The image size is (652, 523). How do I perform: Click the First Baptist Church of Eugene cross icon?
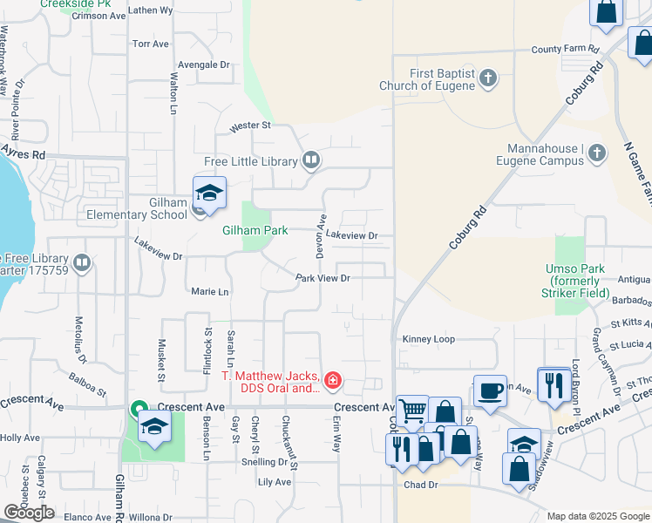point(488,79)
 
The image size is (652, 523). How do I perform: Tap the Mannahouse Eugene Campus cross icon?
point(596,154)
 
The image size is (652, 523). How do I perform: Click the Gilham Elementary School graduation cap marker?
point(209,193)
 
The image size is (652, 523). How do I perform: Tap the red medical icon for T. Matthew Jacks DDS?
point(332,381)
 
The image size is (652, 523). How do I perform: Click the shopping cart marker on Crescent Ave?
point(411,410)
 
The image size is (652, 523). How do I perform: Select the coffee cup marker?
point(490,390)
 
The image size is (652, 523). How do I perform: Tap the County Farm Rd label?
point(566,50)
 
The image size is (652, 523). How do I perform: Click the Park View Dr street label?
point(323,278)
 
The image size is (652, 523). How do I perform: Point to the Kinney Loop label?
point(429,339)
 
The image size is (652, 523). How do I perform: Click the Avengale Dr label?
point(203,65)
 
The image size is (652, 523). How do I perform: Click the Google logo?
point(29,513)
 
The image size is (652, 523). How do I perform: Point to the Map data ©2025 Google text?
point(598,516)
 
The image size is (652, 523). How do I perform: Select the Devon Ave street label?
point(321,235)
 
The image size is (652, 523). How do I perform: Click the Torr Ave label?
point(152,44)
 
